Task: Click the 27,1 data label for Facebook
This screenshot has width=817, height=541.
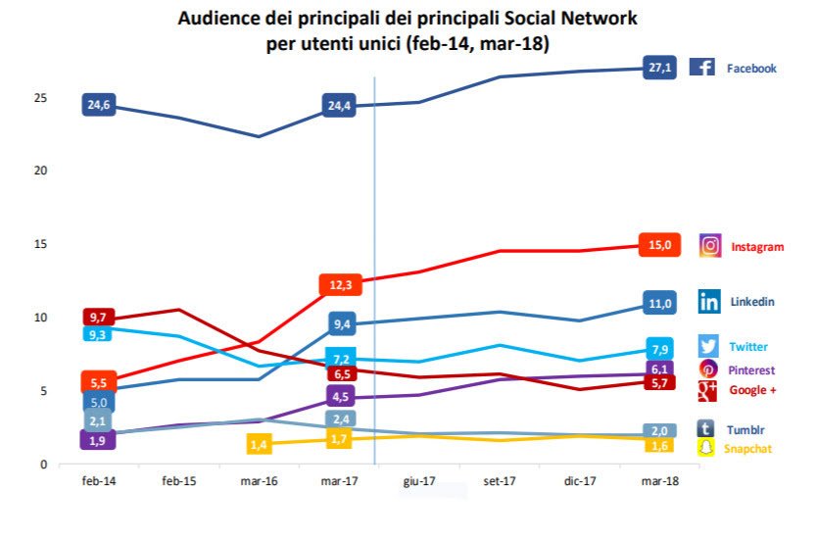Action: pos(658,69)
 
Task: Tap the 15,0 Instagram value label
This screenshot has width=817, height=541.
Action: pos(658,245)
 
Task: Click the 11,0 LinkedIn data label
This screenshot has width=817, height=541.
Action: pos(658,303)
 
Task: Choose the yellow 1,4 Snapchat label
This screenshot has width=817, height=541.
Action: pos(259,445)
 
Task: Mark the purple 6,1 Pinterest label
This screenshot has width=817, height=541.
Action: pos(659,369)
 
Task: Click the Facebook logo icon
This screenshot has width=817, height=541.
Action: pos(701,68)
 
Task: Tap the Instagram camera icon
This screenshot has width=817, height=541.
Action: pos(710,246)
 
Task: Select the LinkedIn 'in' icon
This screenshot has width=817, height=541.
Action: pos(709,301)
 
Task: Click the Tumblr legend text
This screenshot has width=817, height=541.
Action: pos(746,429)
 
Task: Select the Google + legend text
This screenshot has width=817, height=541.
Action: pos(752,390)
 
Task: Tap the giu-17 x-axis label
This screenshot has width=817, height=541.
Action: pos(418,481)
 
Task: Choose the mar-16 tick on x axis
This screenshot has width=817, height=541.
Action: pos(259,481)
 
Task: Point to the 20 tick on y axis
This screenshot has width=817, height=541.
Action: pos(39,171)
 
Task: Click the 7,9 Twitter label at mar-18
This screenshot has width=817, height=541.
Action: pos(659,350)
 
